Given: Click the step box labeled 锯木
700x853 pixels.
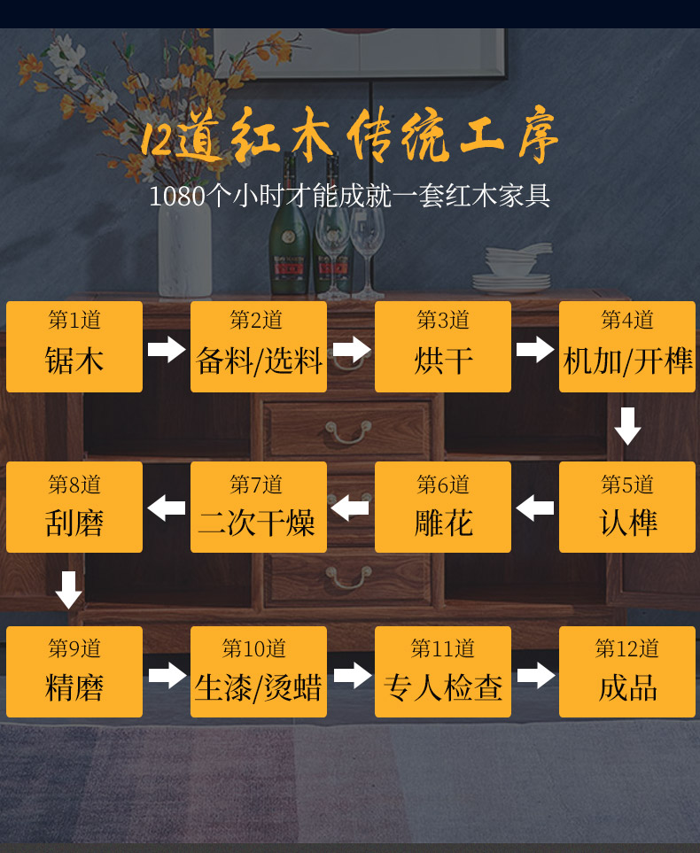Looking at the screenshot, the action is [74, 346].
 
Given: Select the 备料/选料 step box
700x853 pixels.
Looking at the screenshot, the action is [259, 346].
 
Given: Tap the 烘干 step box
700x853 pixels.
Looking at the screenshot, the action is [443, 346].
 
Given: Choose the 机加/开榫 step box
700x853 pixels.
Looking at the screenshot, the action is [627, 346].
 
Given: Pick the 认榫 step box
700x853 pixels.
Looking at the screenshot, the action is [627, 507].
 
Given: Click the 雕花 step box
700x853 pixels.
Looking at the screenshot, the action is [443, 507].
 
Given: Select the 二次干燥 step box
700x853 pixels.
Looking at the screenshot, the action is [259, 507].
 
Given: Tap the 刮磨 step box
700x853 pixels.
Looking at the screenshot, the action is [74, 507].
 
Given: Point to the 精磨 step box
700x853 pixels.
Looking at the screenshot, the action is [74, 671].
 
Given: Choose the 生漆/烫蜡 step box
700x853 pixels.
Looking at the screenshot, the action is [259, 671].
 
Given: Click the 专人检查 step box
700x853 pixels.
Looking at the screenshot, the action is [443, 671].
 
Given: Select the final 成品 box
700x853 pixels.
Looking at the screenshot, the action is [627, 671].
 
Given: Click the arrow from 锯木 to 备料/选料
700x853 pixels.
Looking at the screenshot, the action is [167, 349].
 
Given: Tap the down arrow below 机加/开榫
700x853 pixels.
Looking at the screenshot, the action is [627, 426].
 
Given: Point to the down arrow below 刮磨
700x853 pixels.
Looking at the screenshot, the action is [69, 590].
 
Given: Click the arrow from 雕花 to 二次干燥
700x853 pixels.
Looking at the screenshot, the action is [350, 508].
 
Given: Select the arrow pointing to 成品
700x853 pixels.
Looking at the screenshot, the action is [535, 675].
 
